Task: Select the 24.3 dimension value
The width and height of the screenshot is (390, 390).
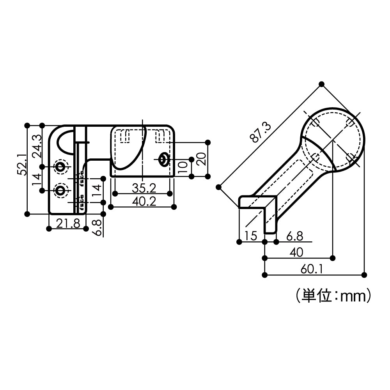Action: tap(37, 146)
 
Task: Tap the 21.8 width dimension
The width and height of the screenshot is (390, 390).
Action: tap(68, 223)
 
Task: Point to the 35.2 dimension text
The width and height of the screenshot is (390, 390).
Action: tap(144, 188)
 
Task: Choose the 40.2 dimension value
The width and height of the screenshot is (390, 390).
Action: tap(144, 201)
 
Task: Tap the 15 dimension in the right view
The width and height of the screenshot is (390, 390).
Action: tap(251, 236)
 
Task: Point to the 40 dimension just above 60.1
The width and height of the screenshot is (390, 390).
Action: tap(296, 252)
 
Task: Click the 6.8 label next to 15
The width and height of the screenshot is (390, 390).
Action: tap(294, 236)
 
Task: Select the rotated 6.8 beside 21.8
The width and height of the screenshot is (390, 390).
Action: tap(97, 227)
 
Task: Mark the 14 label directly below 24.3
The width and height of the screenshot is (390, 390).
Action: tap(37, 179)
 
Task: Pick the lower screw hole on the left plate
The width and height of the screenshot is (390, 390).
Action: tap(60, 190)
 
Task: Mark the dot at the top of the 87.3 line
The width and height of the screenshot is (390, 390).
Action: tap(321, 84)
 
